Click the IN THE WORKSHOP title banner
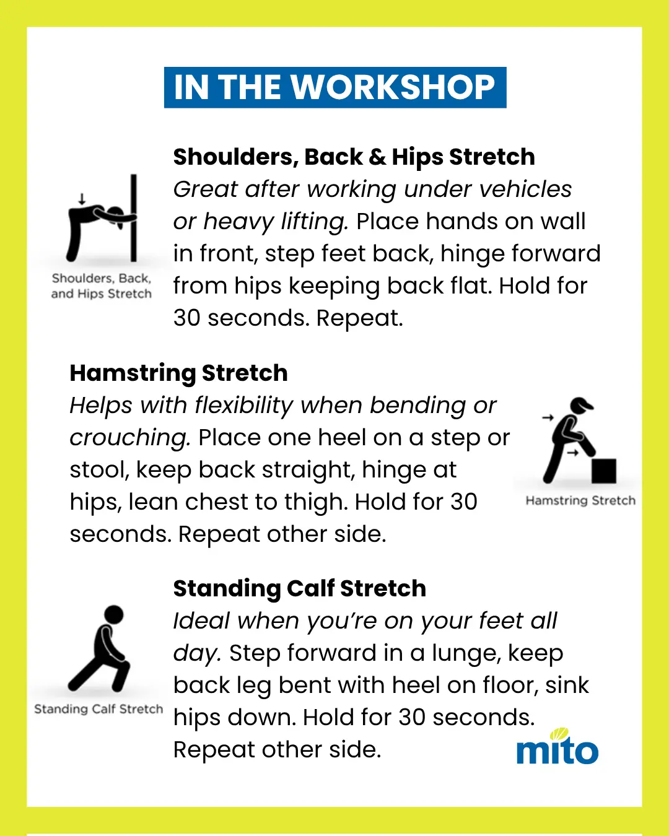coord(335,87)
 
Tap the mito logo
coord(557,746)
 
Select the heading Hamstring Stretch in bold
coord(179,373)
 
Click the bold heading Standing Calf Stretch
coord(300,588)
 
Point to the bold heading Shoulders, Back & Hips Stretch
coord(354,157)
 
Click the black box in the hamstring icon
coord(604,471)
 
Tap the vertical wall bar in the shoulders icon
coord(134,217)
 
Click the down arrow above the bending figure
coord(82,199)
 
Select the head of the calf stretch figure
coord(114,614)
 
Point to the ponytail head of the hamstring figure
coord(581,405)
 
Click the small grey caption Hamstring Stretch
coord(581,500)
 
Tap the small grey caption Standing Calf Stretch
coord(98,709)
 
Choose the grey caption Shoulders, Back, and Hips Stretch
coord(102,286)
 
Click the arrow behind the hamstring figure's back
coord(548,417)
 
